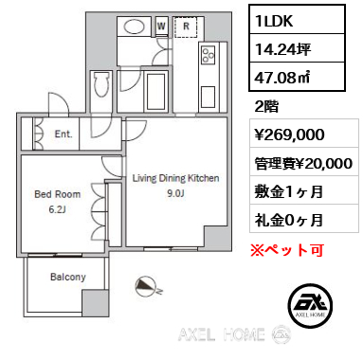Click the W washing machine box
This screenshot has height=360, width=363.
(163, 26)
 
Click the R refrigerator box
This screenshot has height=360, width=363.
(187, 26)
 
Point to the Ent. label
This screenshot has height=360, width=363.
(64, 135)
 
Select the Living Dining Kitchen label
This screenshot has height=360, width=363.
(175, 178)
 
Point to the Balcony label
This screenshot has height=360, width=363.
(67, 278)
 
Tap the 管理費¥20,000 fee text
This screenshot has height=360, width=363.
(303, 163)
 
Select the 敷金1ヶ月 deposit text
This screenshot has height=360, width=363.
(289, 191)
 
